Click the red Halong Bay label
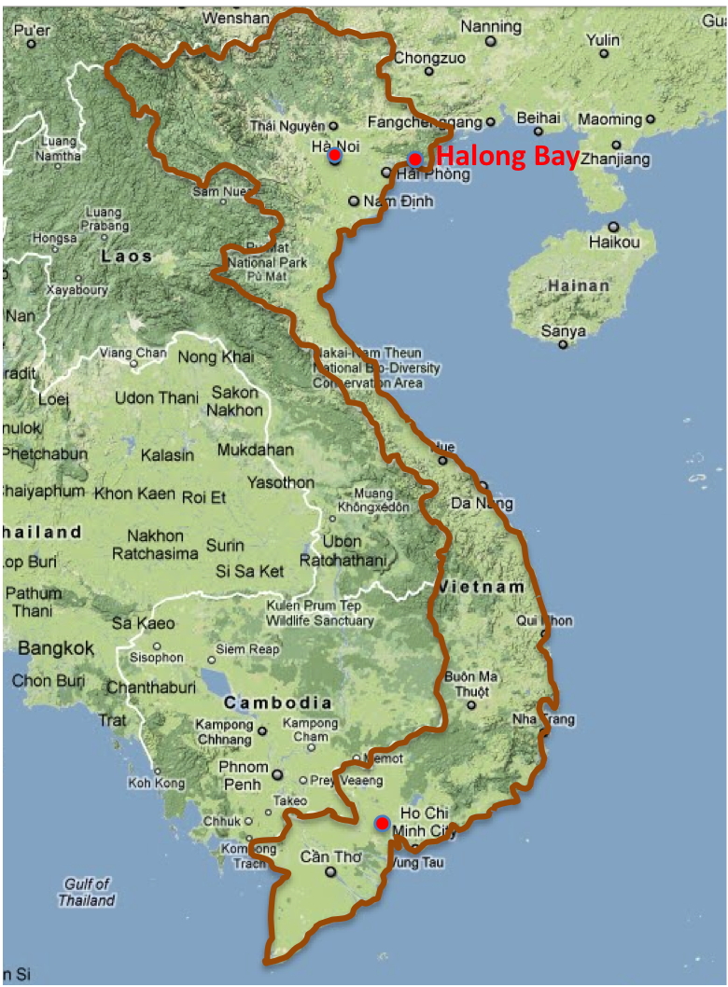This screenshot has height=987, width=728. (508, 157)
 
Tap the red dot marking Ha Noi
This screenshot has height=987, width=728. (334, 156)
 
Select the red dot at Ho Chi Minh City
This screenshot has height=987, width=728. (382, 823)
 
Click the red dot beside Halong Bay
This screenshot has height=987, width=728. (414, 159)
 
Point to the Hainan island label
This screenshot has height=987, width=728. (579, 285)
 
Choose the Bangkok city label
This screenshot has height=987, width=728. (56, 647)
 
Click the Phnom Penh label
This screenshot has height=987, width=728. (244, 775)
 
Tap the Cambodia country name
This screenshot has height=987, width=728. (277, 702)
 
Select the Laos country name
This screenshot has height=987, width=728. (127, 256)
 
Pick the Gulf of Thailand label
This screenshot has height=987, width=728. (87, 892)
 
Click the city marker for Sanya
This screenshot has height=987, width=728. (563, 344)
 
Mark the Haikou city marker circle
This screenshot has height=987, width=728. (613, 227)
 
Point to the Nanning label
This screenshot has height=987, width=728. (491, 27)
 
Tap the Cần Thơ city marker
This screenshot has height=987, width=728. (329, 872)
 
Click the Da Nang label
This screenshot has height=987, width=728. (482, 504)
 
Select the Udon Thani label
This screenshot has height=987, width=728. (156, 398)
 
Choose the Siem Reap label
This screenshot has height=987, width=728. (246, 649)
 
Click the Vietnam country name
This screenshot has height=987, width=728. (482, 587)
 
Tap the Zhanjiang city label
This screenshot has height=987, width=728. (615, 160)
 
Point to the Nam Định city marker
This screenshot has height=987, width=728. (354, 201)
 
